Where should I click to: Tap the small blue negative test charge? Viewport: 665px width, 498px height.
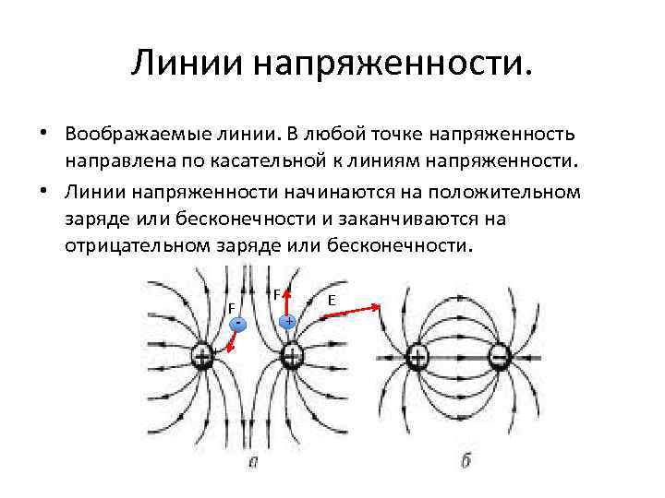[239, 324]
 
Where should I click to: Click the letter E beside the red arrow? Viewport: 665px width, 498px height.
[332, 300]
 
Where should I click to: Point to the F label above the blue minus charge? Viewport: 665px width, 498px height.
[232, 307]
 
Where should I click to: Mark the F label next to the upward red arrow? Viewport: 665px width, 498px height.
[276, 294]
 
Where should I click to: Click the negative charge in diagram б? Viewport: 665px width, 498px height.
[500, 357]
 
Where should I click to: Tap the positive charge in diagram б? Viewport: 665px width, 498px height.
[417, 357]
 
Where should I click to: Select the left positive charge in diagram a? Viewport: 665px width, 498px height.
[203, 357]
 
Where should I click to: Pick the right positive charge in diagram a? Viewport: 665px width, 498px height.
[291, 356]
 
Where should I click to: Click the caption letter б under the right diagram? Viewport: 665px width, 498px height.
[465, 459]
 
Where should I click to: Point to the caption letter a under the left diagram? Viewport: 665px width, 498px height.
[252, 460]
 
